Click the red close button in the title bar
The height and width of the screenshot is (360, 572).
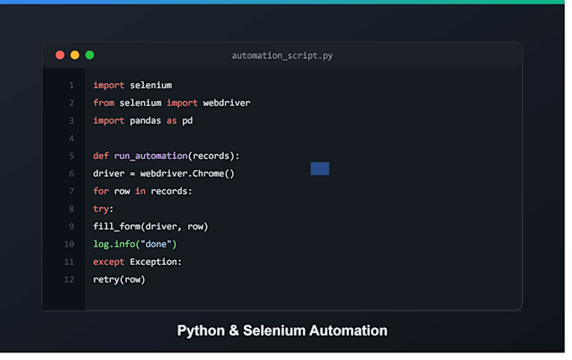point(61,55)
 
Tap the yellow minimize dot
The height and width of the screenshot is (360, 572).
point(75,55)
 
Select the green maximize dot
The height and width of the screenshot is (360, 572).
point(90,55)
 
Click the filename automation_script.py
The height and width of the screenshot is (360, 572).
point(283,56)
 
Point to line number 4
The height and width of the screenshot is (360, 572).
point(71,139)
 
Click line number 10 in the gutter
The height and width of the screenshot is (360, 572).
point(69,245)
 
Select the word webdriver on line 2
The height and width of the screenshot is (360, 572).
point(226,103)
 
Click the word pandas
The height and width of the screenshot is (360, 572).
point(146,121)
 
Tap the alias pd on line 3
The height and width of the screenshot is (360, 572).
point(188,121)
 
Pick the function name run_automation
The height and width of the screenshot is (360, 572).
point(151,156)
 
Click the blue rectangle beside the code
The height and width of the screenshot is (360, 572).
point(320,168)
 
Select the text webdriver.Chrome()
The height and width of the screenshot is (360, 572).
point(187,173)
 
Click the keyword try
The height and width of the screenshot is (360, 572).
point(101,209)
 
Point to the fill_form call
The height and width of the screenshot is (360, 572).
point(151,226)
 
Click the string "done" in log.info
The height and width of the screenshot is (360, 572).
point(156,244)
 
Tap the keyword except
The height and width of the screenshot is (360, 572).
point(109,262)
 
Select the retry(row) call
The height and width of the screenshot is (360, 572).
point(119,280)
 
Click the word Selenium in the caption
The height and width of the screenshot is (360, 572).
point(274,331)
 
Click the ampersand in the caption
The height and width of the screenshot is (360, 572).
point(234,331)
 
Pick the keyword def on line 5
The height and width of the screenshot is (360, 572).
point(101,156)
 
